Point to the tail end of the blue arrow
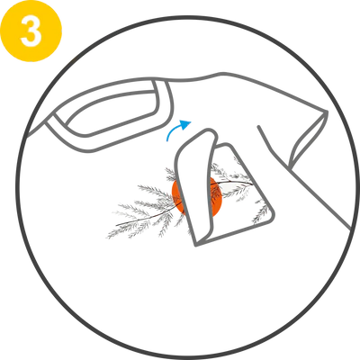[168, 140]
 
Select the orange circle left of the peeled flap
[177, 195]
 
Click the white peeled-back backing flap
[195, 186]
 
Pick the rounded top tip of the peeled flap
[209, 130]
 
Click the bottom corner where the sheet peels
[196, 245]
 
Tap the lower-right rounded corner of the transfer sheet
[272, 216]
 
